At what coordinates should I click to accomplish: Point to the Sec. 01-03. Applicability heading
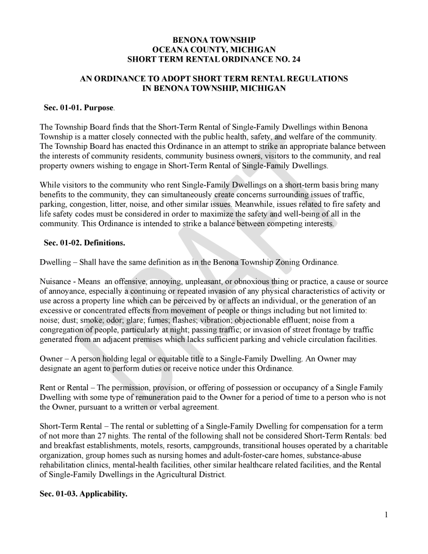pos(83,493)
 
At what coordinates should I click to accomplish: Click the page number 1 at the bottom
pos(386,515)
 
